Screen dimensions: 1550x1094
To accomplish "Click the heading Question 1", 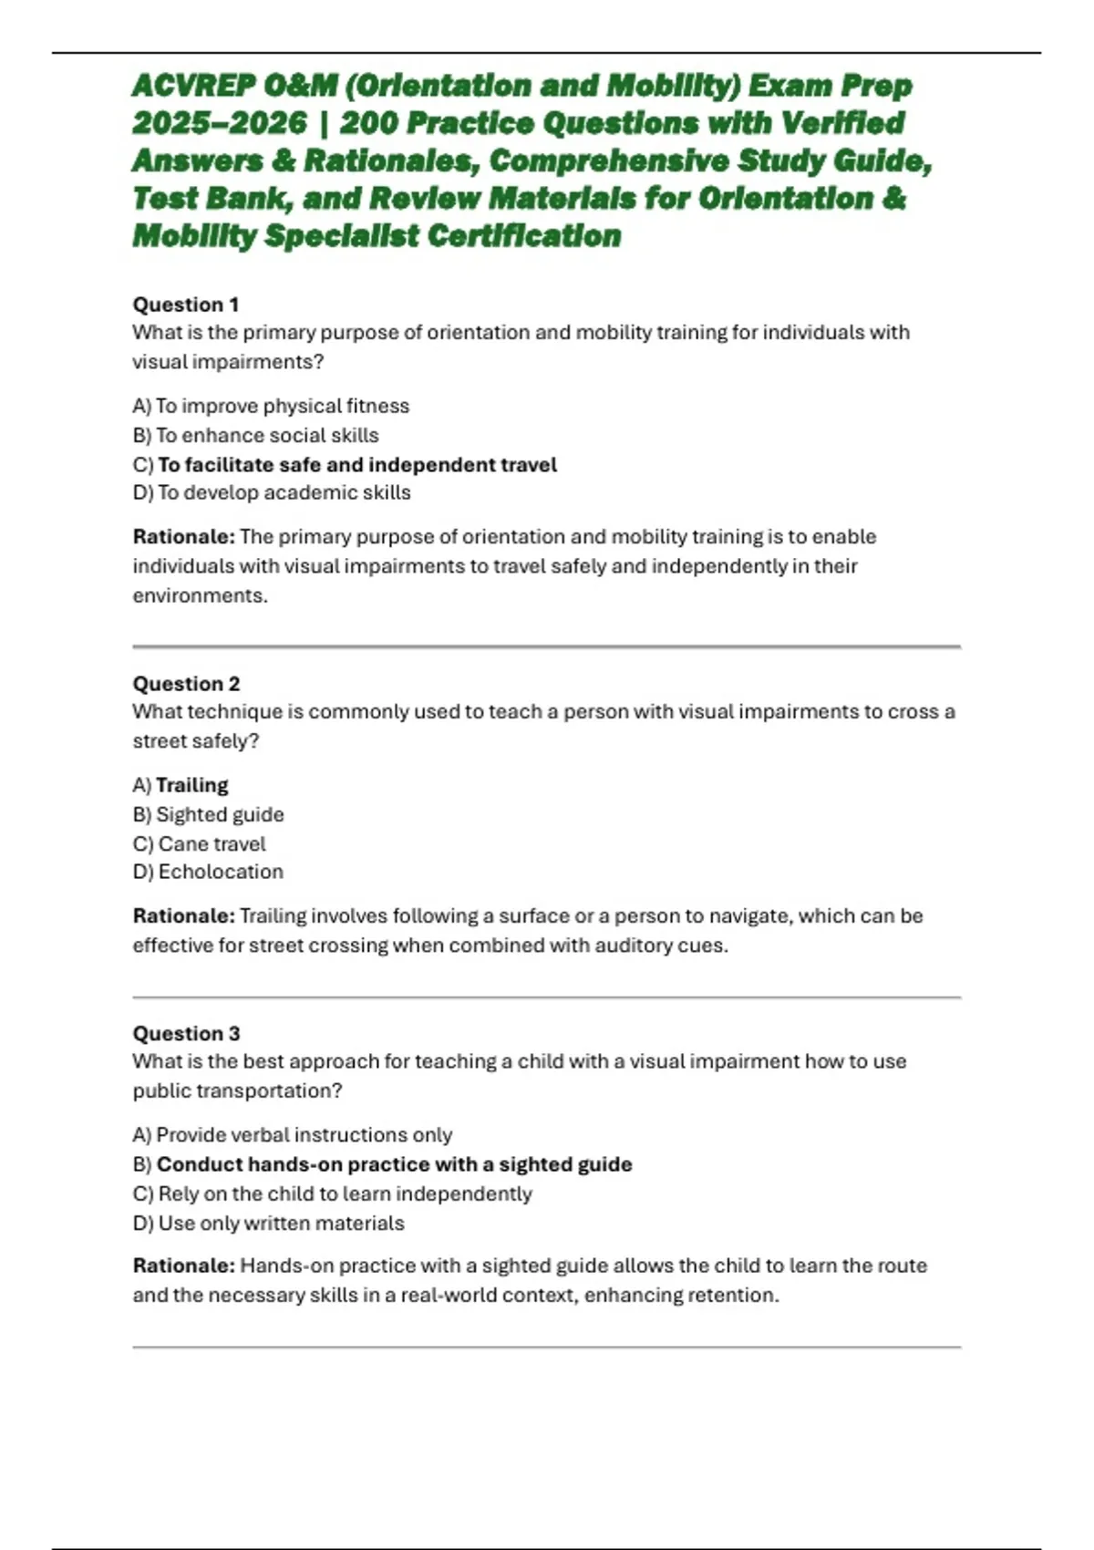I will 186,305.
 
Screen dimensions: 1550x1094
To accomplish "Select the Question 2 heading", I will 186,684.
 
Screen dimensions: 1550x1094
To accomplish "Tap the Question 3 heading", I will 186,1033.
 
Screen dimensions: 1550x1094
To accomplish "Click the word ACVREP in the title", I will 194,86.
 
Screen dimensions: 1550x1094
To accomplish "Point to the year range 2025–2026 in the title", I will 219,123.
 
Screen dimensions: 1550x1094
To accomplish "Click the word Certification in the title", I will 524,236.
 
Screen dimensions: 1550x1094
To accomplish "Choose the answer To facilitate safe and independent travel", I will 356,465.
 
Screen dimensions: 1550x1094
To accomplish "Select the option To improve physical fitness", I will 282,406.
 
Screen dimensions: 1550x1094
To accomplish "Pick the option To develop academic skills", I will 284,492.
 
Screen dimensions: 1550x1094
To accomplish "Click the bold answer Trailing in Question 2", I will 191,785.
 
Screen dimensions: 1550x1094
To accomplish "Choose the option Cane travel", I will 212,844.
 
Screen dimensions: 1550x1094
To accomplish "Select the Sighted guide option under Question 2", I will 220,814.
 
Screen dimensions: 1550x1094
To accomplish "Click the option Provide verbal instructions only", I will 304,1135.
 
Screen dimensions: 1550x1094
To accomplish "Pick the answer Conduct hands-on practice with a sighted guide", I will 394,1164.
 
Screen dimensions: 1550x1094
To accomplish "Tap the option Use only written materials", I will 281,1224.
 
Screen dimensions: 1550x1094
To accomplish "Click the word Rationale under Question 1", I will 183,536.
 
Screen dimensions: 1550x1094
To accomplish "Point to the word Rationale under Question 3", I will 183,1266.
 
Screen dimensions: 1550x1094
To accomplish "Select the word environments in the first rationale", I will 200,595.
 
